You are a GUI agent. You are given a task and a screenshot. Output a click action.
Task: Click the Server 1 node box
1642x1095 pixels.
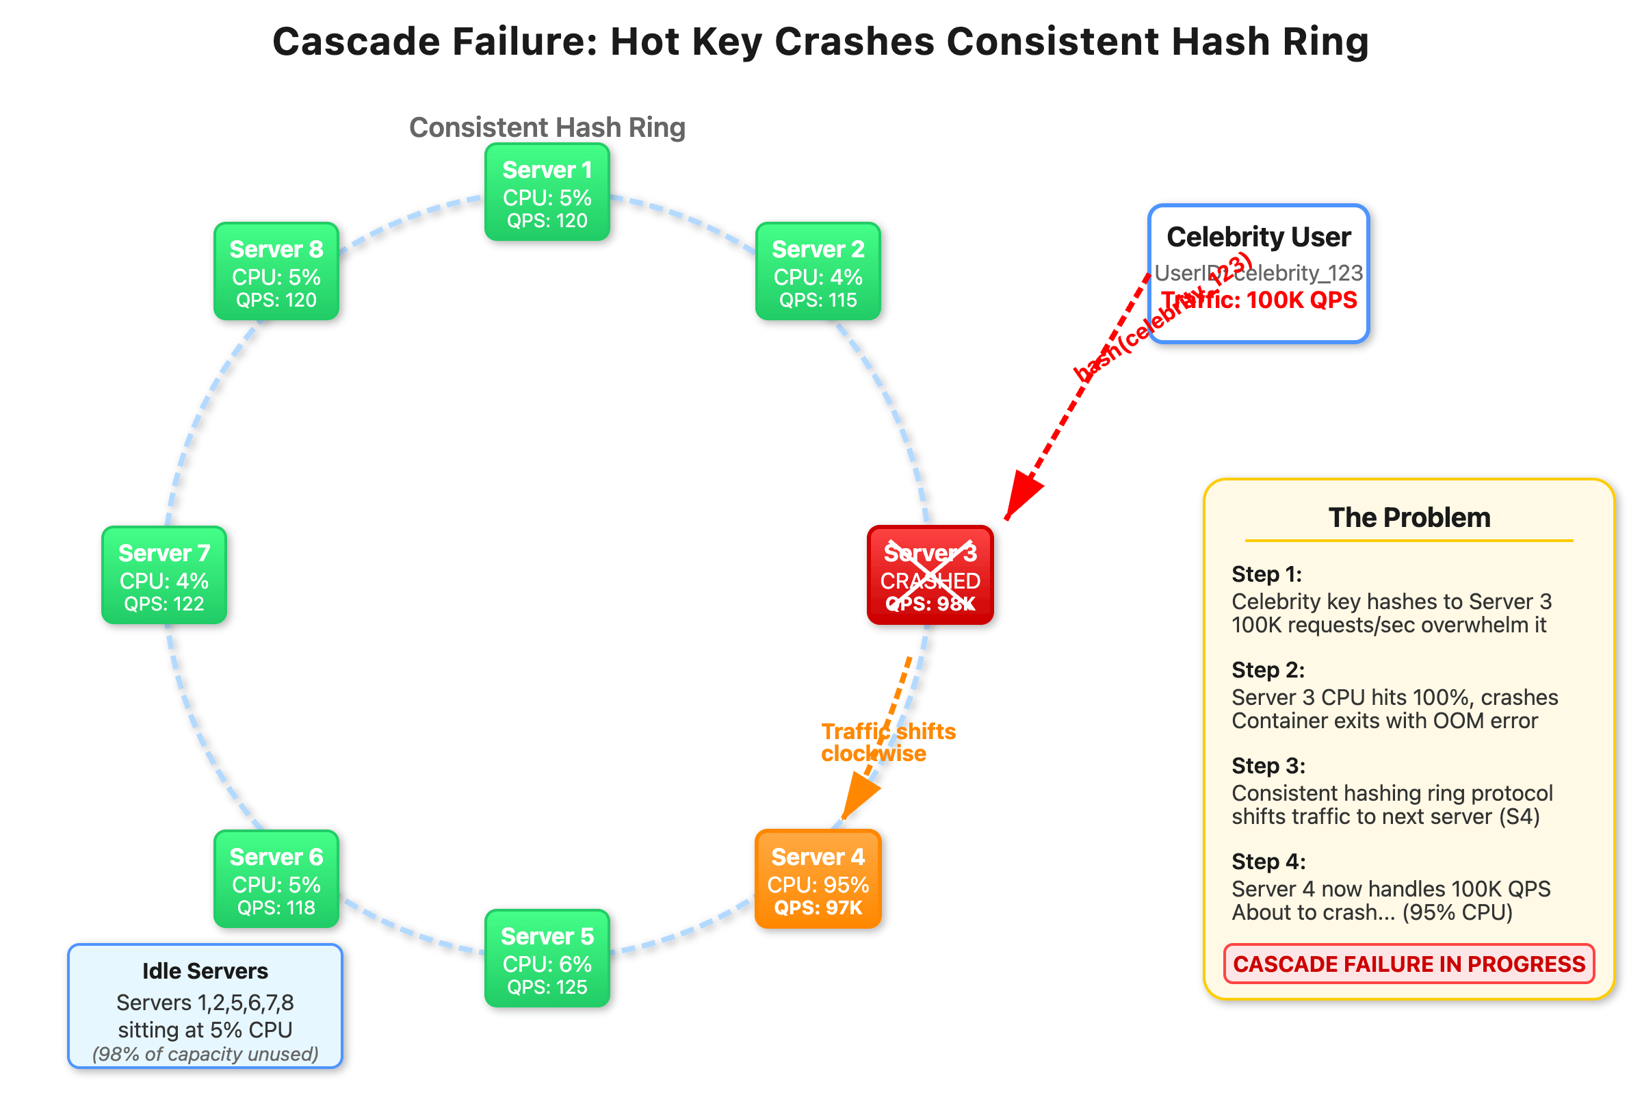click(547, 192)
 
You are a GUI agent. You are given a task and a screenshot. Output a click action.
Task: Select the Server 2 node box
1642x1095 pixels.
click(818, 271)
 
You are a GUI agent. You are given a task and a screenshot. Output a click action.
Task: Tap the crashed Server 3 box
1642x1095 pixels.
click(930, 575)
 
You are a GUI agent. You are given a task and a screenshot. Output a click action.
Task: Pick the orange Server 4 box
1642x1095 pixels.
click(818, 879)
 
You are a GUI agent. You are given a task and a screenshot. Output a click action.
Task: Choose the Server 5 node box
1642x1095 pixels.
click(547, 957)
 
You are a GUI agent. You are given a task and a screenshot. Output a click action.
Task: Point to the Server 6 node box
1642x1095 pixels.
click(276, 879)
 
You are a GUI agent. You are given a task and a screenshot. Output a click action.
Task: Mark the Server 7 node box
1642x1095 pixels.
click(164, 575)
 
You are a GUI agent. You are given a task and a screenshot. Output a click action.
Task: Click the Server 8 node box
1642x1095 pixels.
click(276, 271)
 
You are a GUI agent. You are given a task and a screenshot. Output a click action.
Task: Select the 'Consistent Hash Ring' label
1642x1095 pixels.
click(547, 128)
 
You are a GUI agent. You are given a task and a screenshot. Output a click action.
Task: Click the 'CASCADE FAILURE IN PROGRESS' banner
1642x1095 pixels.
click(1409, 964)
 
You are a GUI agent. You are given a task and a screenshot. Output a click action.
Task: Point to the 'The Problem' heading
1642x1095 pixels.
click(1409, 517)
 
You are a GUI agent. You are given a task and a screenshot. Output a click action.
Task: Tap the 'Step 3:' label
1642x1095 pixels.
click(1268, 765)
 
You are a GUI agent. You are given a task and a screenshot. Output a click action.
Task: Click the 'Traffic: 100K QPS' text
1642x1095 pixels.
click(1259, 300)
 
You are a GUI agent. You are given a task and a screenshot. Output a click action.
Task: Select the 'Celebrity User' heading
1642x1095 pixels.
click(1259, 237)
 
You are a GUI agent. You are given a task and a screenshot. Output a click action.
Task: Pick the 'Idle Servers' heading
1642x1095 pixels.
click(205, 970)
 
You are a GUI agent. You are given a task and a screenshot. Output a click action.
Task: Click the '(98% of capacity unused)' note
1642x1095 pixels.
click(205, 1054)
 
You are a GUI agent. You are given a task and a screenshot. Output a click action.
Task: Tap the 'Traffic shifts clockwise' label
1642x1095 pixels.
click(887, 743)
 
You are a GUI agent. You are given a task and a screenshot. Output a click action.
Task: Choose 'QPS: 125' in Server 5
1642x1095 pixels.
click(547, 987)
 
